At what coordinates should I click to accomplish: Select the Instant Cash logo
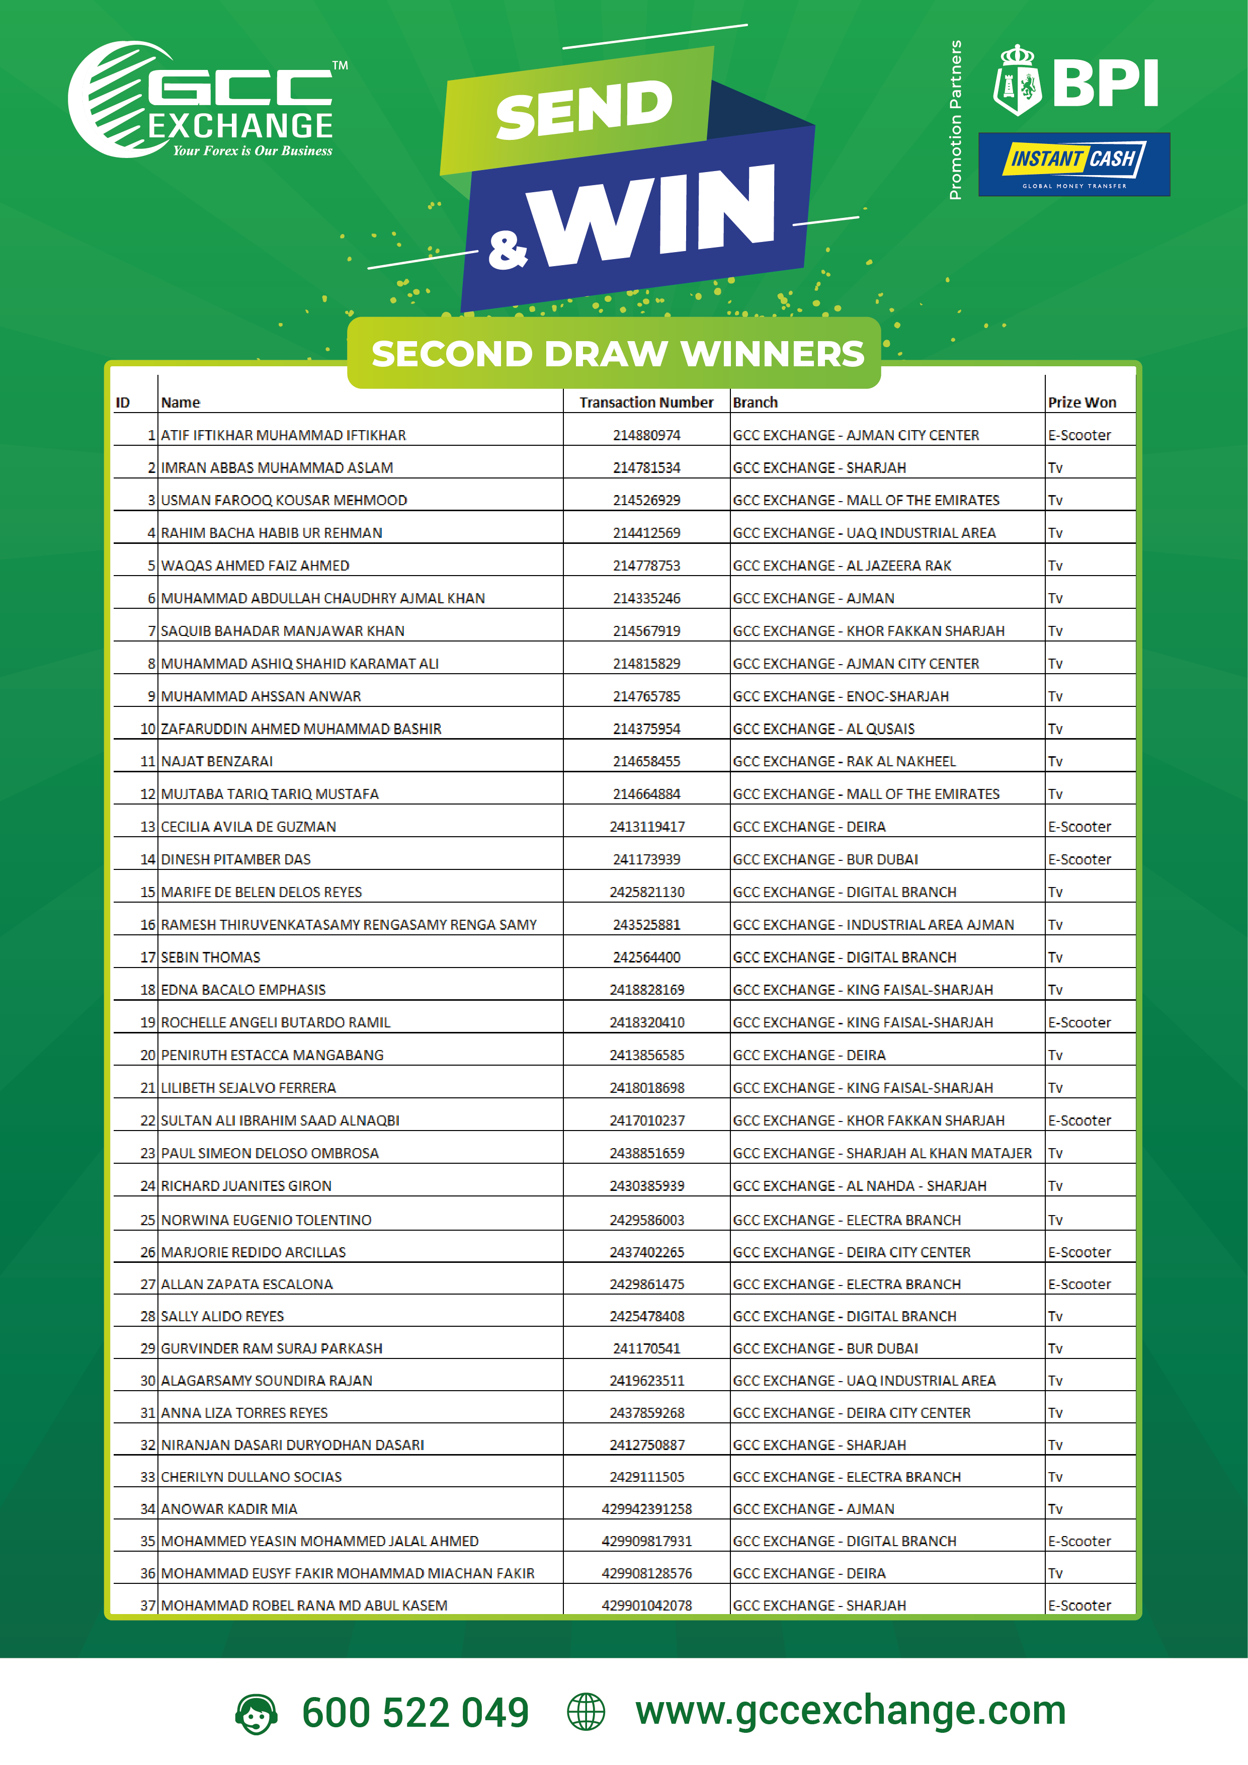[1073, 164]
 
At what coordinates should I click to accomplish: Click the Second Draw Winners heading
[617, 354]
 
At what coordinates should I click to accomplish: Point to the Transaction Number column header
[646, 402]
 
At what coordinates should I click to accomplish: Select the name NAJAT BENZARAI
[217, 761]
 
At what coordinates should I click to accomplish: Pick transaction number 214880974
[646, 435]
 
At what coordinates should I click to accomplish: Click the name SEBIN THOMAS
[211, 957]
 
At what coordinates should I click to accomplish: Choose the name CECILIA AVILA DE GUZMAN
[248, 826]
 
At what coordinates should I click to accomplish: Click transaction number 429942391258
[646, 1509]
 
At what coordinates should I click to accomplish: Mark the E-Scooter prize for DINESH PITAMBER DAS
[1079, 859]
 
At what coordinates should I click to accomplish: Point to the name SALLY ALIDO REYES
[222, 1316]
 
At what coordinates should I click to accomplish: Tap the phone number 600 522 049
[415, 1713]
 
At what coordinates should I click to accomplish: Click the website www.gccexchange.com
[850, 1711]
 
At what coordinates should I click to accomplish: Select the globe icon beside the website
[586, 1712]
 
